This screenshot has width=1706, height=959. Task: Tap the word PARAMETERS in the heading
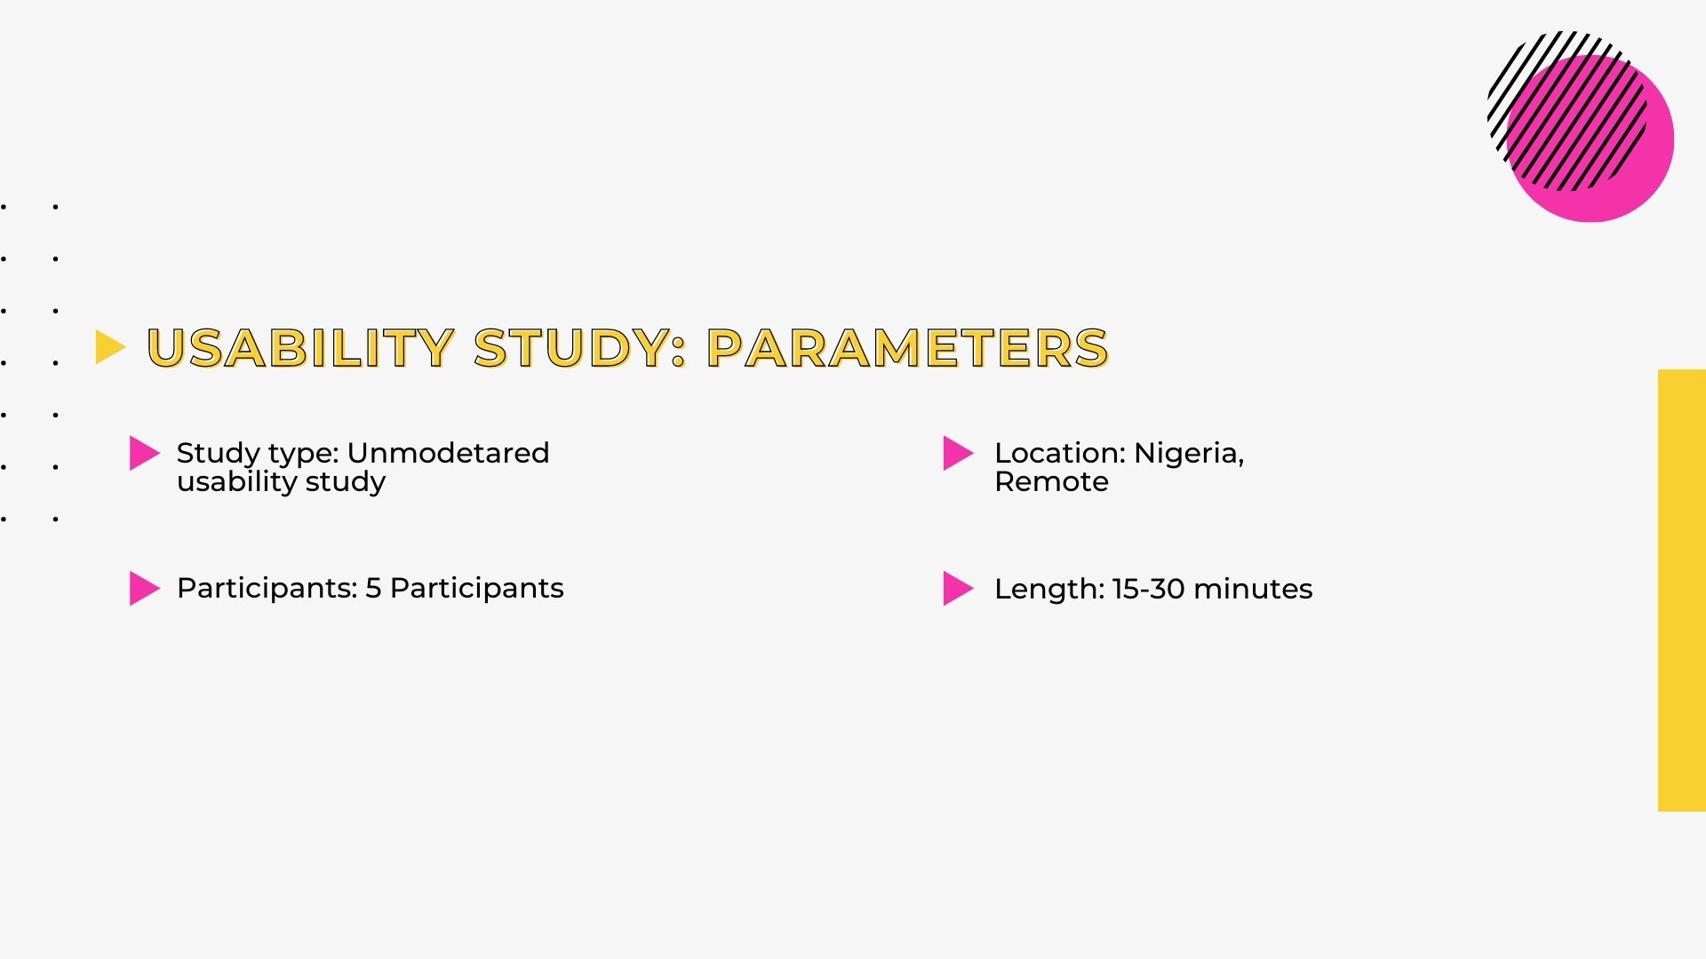(x=908, y=347)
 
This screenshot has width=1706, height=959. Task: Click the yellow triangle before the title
(x=110, y=347)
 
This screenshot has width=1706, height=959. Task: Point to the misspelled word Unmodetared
(x=449, y=453)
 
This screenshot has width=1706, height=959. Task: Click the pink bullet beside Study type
(x=145, y=453)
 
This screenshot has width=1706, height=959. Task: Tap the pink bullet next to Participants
(x=145, y=588)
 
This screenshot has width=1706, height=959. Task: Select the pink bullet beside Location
(x=959, y=453)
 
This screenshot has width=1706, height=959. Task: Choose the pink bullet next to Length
(x=959, y=588)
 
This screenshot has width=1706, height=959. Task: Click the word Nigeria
(x=1189, y=454)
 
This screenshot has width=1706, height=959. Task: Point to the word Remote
(x=1052, y=482)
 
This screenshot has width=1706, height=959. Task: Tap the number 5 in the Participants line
(x=373, y=588)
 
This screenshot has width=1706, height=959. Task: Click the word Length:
(x=1049, y=589)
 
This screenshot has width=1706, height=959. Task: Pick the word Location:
(x=1061, y=453)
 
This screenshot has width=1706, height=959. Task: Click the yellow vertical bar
(x=1682, y=590)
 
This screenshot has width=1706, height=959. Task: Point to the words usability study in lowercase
(x=282, y=482)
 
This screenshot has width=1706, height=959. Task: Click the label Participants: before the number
(x=267, y=589)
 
